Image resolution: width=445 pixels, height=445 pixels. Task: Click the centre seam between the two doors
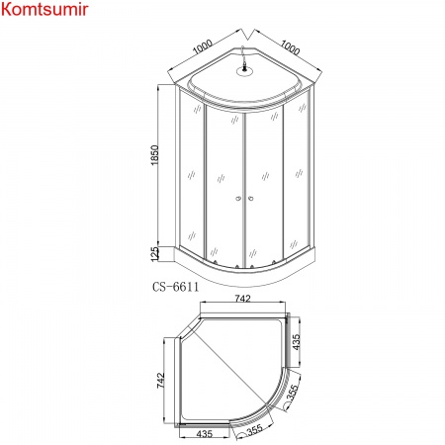tap(243, 188)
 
